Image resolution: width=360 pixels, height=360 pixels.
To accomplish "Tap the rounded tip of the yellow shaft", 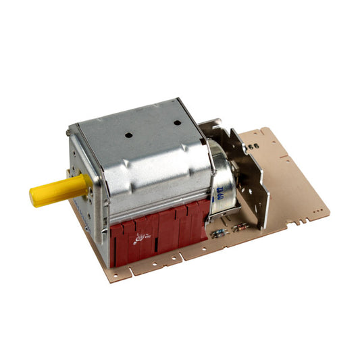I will [x=34, y=197].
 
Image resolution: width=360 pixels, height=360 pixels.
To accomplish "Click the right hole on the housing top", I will [x=177, y=124].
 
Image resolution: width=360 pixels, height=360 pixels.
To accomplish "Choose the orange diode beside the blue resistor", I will [x=240, y=228].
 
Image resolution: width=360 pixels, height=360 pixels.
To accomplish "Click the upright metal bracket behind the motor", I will [x=247, y=176].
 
